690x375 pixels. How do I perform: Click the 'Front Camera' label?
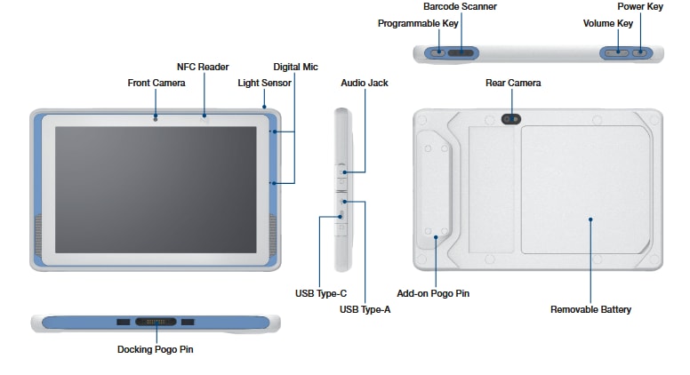click(156, 83)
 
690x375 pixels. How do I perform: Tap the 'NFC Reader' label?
click(203, 67)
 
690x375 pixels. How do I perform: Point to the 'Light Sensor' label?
click(263, 83)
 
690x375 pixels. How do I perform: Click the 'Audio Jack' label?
click(365, 83)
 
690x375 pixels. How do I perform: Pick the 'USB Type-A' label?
click(365, 309)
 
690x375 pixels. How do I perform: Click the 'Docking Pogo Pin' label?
click(155, 349)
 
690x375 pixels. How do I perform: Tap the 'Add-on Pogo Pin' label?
click(433, 292)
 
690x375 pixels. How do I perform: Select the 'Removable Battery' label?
click(590, 309)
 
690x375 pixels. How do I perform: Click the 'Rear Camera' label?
click(512, 83)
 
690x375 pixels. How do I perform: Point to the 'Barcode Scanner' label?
click(460, 6)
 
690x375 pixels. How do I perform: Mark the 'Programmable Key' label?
click(419, 22)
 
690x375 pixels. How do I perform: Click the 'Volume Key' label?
click(607, 22)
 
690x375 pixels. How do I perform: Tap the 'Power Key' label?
click(640, 6)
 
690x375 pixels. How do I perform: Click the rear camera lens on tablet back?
click(512, 117)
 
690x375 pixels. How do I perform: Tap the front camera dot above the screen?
click(156, 117)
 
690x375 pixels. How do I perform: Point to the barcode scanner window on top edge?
click(460, 53)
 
